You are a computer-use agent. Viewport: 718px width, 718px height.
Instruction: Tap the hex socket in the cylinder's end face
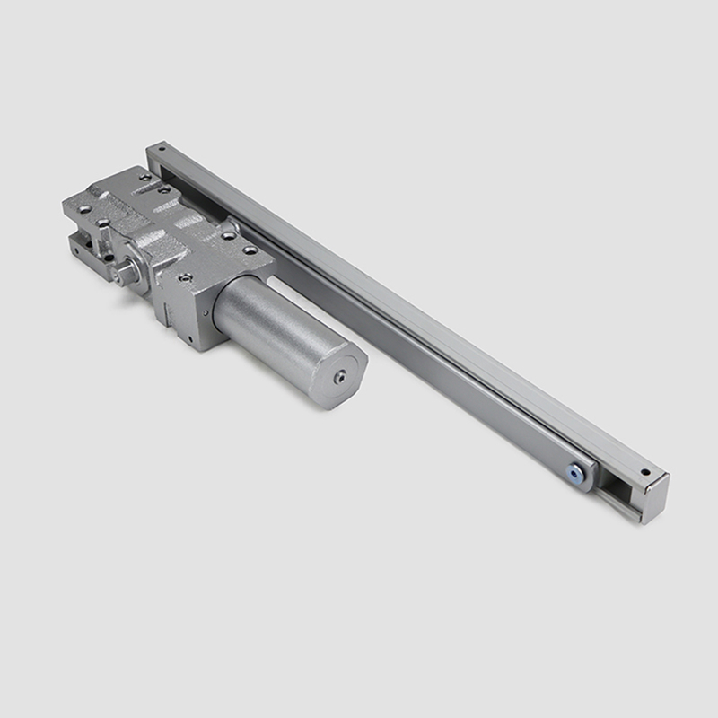tap(339, 378)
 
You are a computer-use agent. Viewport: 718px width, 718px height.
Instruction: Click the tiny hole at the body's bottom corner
tap(190, 338)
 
